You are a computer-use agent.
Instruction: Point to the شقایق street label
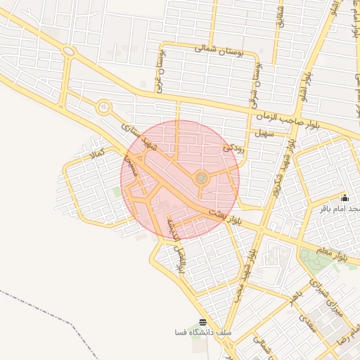click(x=281, y=18)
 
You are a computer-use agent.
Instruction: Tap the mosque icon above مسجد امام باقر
click(x=345, y=198)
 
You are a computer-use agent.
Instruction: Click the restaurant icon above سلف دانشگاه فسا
click(x=203, y=321)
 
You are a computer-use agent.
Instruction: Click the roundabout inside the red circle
click(x=201, y=179)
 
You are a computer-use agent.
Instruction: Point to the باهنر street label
click(x=296, y=299)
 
